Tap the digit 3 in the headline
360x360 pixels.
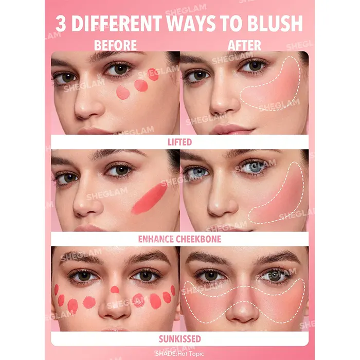point(61,24)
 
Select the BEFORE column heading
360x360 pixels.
point(115,45)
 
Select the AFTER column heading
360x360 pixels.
point(244,45)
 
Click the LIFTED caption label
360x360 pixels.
point(180,142)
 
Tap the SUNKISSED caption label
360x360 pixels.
point(180,339)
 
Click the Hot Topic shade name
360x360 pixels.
point(190,354)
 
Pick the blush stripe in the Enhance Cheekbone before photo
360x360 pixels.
point(150,199)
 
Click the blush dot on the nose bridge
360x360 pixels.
point(115,290)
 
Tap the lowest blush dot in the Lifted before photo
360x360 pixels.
point(123,93)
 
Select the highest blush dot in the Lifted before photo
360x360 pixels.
point(153,75)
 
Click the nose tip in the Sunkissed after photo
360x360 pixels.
point(242,313)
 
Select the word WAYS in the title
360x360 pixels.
point(191,24)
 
